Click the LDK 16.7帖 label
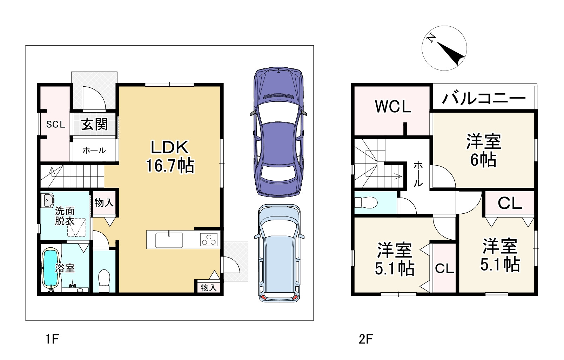170,156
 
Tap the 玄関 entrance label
94,125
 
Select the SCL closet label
55,124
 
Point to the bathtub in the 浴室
50,268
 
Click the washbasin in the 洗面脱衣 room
47,200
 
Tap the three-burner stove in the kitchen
209,240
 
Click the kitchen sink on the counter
169,240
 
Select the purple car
278,132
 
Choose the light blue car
279,253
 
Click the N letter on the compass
431,38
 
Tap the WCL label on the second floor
393,107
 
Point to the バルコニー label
484,99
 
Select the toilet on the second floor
365,202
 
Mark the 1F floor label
52,339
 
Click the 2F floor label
366,339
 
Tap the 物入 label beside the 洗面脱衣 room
104,202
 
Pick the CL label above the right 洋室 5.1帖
510,203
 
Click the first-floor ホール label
94,151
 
